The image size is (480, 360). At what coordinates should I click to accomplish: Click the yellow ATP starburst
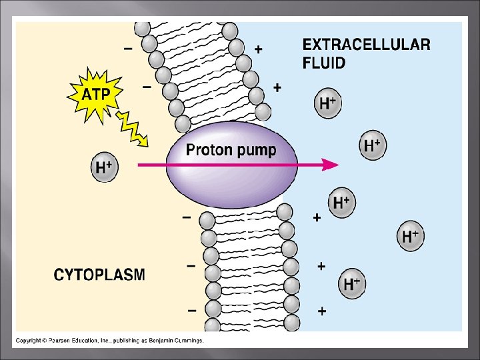pos(95,95)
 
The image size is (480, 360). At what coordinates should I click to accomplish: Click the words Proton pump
pos(231,150)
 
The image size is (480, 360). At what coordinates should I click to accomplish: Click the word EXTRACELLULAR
pos(366,45)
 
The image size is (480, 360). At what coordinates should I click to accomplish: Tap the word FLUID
pos(324,64)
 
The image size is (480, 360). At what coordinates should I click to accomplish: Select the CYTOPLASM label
pos(99,275)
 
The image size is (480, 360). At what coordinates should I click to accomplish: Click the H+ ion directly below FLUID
pos(327,103)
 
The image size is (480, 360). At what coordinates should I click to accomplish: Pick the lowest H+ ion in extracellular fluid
pos(352,284)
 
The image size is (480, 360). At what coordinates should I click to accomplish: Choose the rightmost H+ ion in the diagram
pos(411,235)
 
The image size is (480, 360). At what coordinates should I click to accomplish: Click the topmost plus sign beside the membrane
pos(258,49)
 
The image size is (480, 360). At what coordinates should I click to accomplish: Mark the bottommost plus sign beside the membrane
pos(322,311)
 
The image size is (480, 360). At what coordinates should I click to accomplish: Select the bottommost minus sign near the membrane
pos(191,310)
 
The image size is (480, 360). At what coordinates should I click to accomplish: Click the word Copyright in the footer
pos(29,341)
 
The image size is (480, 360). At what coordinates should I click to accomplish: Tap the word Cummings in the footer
pos(188,341)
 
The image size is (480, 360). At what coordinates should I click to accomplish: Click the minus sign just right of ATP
pos(147,86)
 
